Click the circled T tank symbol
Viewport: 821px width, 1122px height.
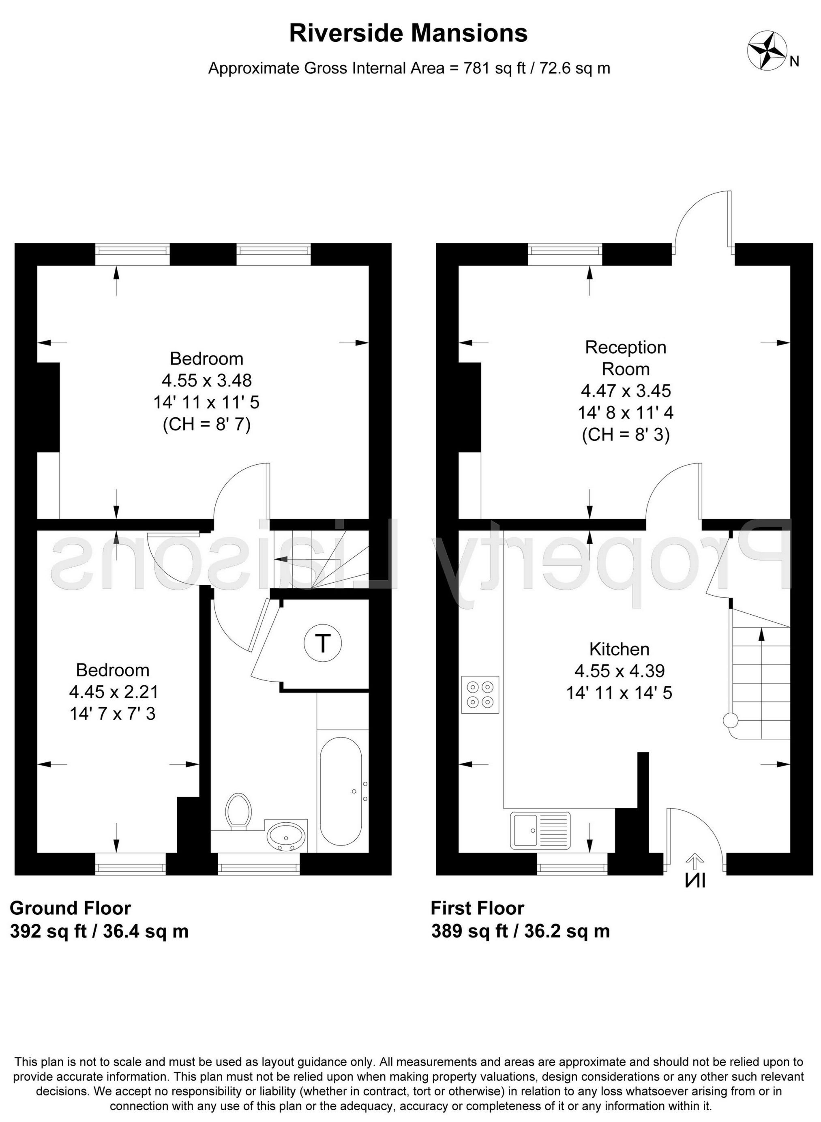[x=323, y=644]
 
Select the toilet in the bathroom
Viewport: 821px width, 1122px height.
[x=238, y=811]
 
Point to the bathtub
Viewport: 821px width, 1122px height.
[x=341, y=792]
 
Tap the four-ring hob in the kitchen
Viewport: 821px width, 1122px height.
[x=480, y=694]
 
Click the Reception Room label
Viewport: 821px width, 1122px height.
[x=625, y=358]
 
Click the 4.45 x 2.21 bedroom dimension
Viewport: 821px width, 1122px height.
[x=114, y=692]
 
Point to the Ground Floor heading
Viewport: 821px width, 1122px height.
[x=70, y=908]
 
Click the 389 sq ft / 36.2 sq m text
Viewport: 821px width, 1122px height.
[x=520, y=931]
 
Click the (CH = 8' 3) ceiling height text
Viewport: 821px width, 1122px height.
[x=626, y=434]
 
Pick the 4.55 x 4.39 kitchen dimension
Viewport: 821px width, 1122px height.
[x=619, y=671]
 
